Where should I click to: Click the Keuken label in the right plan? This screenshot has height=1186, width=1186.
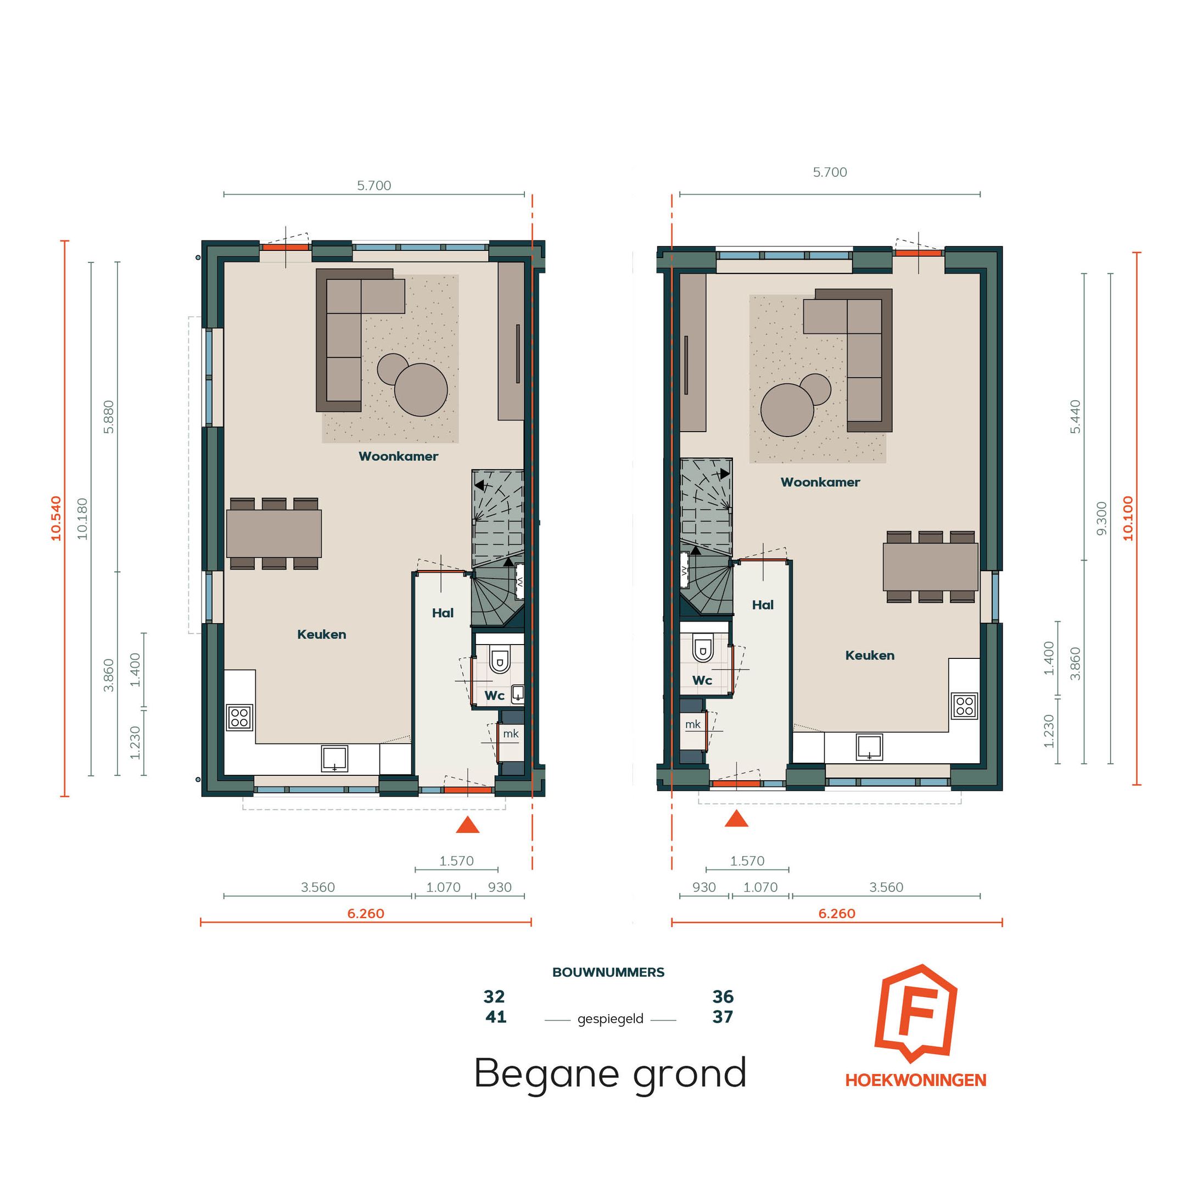pyautogui.click(x=869, y=655)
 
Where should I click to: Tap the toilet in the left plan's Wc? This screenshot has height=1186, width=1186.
pyautogui.click(x=500, y=661)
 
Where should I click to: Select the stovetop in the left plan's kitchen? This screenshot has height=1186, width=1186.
pyautogui.click(x=239, y=717)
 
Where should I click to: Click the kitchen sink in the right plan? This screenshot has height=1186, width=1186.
pyautogui.click(x=869, y=747)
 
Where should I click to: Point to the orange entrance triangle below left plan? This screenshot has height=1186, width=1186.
pyautogui.click(x=467, y=825)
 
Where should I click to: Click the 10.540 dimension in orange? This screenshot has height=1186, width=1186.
pyautogui.click(x=57, y=518)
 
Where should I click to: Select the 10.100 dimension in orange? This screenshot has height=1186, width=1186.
pyautogui.click(x=1128, y=518)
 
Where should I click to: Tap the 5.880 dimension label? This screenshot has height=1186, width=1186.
pyautogui.click(x=109, y=417)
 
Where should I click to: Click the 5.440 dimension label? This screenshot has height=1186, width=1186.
pyautogui.click(x=1075, y=417)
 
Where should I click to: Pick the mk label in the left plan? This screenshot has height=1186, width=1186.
pyautogui.click(x=510, y=734)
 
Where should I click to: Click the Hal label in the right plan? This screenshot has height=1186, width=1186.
pyautogui.click(x=763, y=605)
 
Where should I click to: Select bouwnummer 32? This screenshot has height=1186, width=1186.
pyautogui.click(x=494, y=997)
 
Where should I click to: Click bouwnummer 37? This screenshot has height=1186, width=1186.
pyautogui.click(x=723, y=1017)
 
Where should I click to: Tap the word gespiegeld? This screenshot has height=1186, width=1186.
pyautogui.click(x=610, y=1019)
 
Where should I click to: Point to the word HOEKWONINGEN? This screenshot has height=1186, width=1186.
pyautogui.click(x=915, y=1080)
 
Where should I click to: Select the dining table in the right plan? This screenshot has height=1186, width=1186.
pyautogui.click(x=930, y=567)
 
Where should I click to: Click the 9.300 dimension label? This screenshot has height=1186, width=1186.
pyautogui.click(x=1101, y=518)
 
